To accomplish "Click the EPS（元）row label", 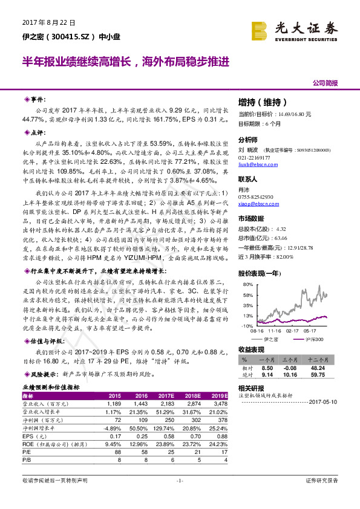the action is point(35,435).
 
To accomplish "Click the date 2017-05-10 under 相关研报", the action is point(326,401).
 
